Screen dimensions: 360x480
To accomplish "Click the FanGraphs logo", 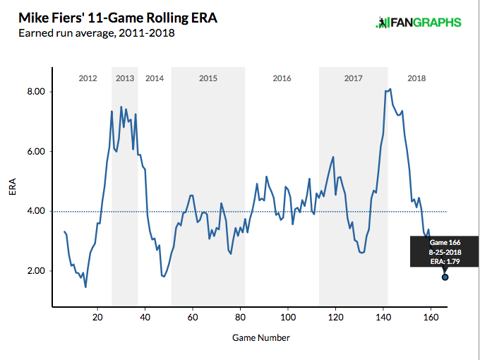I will (x=419, y=23).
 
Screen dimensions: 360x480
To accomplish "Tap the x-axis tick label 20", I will (x=97, y=318).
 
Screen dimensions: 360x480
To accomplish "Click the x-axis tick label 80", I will (x=240, y=318).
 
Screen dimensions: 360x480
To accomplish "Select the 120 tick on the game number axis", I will (x=335, y=318).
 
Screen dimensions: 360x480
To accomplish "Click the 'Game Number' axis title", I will (x=261, y=338).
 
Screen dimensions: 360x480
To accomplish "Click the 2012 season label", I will (x=88, y=78).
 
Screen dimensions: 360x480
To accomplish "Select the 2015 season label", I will (x=208, y=78).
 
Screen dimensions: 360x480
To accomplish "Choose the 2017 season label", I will (x=354, y=78).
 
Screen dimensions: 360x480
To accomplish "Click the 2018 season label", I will (x=417, y=78).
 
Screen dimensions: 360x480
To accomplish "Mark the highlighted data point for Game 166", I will (x=445, y=277).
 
